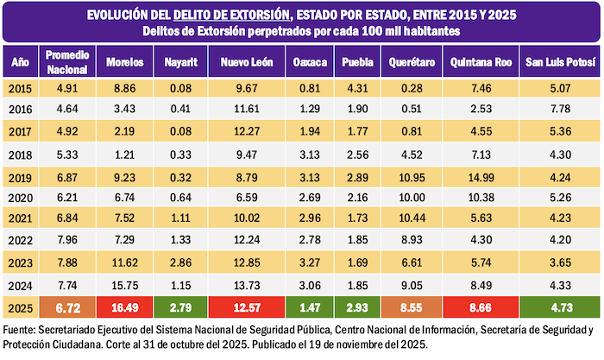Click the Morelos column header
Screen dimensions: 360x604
(125, 63)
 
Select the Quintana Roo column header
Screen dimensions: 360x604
(478, 63)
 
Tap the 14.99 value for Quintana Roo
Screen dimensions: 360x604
(478, 177)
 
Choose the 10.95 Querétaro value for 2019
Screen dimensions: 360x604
(405, 177)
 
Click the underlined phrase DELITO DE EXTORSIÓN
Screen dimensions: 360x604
(229, 15)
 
